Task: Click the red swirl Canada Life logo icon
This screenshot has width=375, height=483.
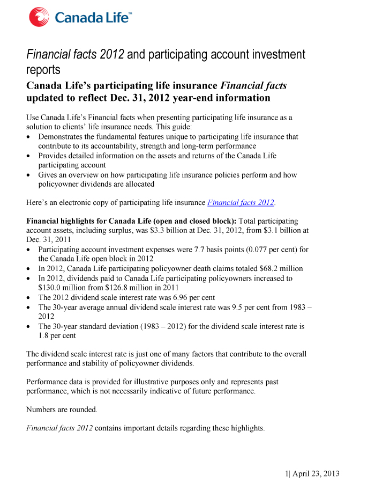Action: click(x=39, y=16)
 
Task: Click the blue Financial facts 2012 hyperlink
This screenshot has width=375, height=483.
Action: click(x=241, y=202)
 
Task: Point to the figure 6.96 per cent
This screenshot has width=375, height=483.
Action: click(x=185, y=297)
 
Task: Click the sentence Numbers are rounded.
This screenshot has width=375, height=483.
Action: click(x=62, y=409)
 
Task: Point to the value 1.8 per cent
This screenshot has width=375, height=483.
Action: click(x=57, y=335)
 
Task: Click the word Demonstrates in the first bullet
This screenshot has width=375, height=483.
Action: click(x=62, y=137)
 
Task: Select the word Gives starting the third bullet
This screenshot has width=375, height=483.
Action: click(x=49, y=175)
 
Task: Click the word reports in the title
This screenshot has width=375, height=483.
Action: click(x=43, y=70)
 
